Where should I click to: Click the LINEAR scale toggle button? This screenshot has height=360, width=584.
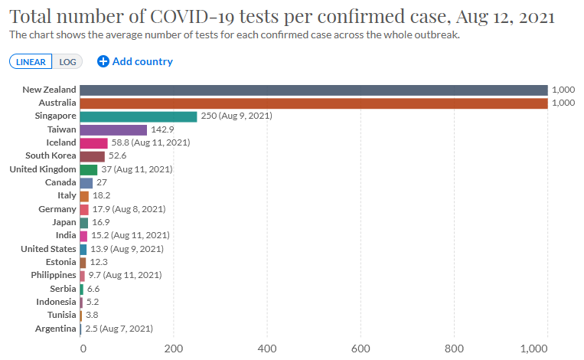coord(31,62)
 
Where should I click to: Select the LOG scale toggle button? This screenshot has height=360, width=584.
coord(68,62)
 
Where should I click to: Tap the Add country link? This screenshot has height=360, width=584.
coord(135,61)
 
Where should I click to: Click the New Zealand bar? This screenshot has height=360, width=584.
coord(313,90)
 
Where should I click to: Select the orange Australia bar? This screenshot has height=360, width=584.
coord(313,103)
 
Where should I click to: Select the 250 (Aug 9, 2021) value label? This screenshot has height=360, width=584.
coord(236,116)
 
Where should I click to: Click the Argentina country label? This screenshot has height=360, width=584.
coord(55,329)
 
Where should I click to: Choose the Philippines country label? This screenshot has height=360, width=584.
coord(54,275)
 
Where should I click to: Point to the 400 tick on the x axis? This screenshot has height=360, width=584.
coord(267,349)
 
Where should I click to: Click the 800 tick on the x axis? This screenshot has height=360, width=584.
coord(455,349)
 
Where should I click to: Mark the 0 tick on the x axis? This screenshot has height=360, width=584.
coord(83,349)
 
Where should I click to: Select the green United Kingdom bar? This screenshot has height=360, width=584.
coord(88,169)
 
